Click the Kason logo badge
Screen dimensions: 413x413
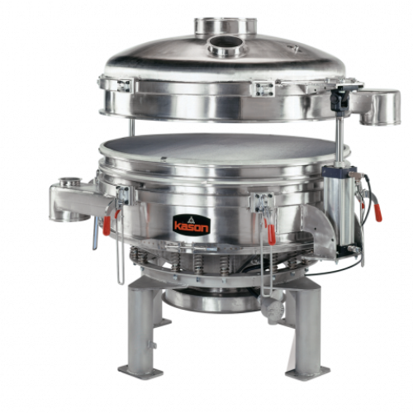click(x=192, y=225)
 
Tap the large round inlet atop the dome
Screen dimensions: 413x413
click(x=225, y=27)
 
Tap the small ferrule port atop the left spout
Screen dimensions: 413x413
click(x=70, y=182)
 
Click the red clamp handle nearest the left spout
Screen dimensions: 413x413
click(x=107, y=225)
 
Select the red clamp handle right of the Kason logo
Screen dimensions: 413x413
click(x=272, y=235)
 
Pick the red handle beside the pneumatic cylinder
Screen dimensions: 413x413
click(x=378, y=212)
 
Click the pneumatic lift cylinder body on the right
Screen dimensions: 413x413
click(x=339, y=210)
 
